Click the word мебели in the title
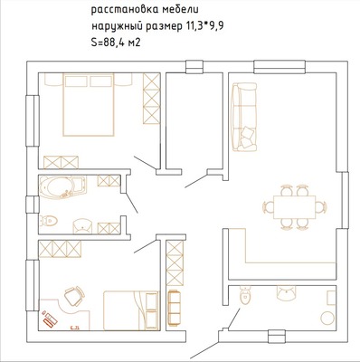tap(180, 10)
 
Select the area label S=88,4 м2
tap(116, 43)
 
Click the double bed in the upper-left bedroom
tap(89, 104)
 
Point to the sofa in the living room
tap(244, 117)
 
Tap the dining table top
tap(294, 207)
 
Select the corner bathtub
tap(62, 187)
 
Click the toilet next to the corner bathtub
tap(48, 220)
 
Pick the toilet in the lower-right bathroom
tap(245, 295)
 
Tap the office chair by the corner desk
tap(74, 296)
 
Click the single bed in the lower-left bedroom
tap(131, 310)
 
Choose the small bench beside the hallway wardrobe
tap(174, 308)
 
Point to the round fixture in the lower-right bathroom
tap(327, 318)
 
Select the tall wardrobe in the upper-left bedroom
tap(151, 99)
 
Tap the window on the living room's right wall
tap(345, 200)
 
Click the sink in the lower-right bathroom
tap(286, 293)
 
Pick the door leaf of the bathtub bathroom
tap(132, 204)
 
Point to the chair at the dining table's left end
tap(269, 207)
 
